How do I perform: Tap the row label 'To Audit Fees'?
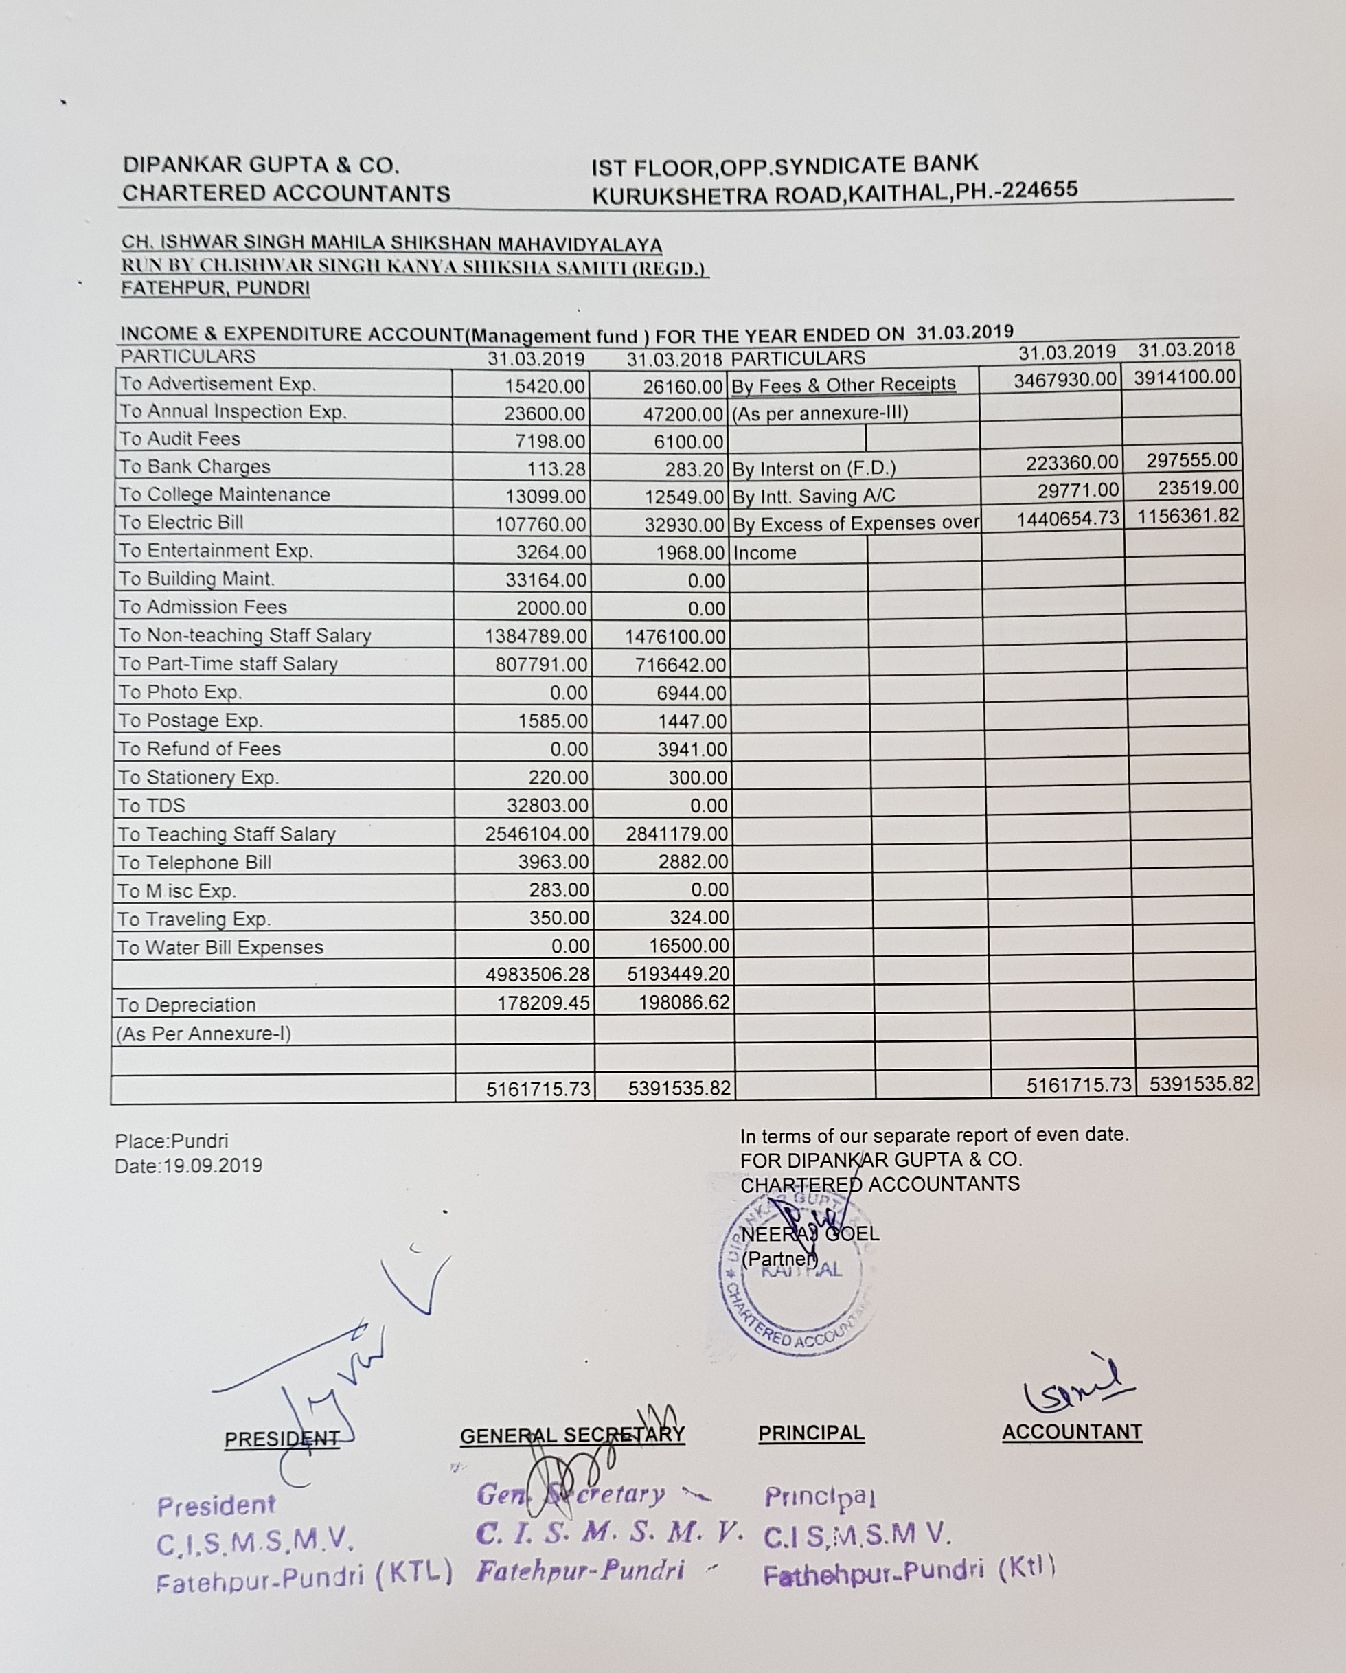(x=180, y=440)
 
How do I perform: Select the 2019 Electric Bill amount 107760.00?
(x=540, y=525)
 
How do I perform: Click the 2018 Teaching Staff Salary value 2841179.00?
(x=677, y=834)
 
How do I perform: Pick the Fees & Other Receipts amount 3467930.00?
(x=1065, y=380)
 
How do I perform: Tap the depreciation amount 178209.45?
(x=544, y=1003)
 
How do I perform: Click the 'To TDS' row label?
(x=151, y=806)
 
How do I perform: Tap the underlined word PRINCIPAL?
(x=812, y=1433)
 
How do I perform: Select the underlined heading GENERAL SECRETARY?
(x=573, y=1435)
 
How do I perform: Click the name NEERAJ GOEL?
(x=810, y=1233)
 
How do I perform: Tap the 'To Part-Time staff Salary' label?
(x=228, y=664)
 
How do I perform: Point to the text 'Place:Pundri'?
(x=172, y=1141)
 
